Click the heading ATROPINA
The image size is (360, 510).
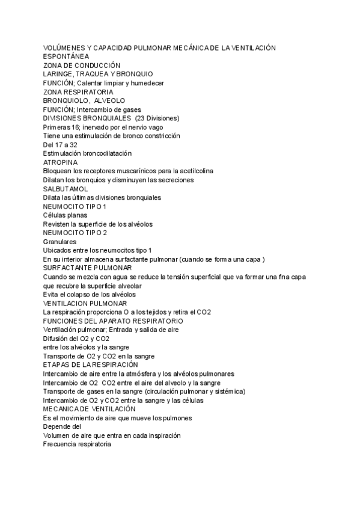(x=60, y=162)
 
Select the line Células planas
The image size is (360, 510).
(x=66, y=215)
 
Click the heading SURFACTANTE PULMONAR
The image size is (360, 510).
(x=88, y=268)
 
